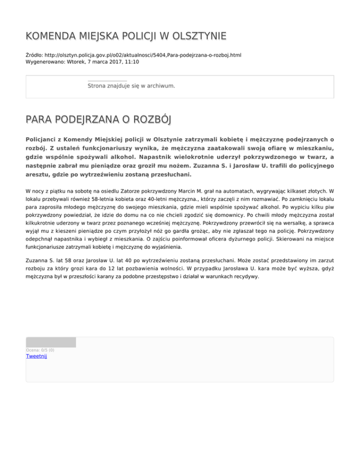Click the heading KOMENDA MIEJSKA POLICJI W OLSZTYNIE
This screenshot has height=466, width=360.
click(x=126, y=36)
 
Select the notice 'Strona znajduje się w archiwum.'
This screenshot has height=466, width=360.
click(x=131, y=86)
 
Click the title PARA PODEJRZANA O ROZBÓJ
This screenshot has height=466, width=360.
click(x=98, y=120)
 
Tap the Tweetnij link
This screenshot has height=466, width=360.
click(x=36, y=356)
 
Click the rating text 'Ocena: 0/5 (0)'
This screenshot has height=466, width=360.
click(x=40, y=350)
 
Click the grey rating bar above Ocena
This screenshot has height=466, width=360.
click(x=51, y=342)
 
